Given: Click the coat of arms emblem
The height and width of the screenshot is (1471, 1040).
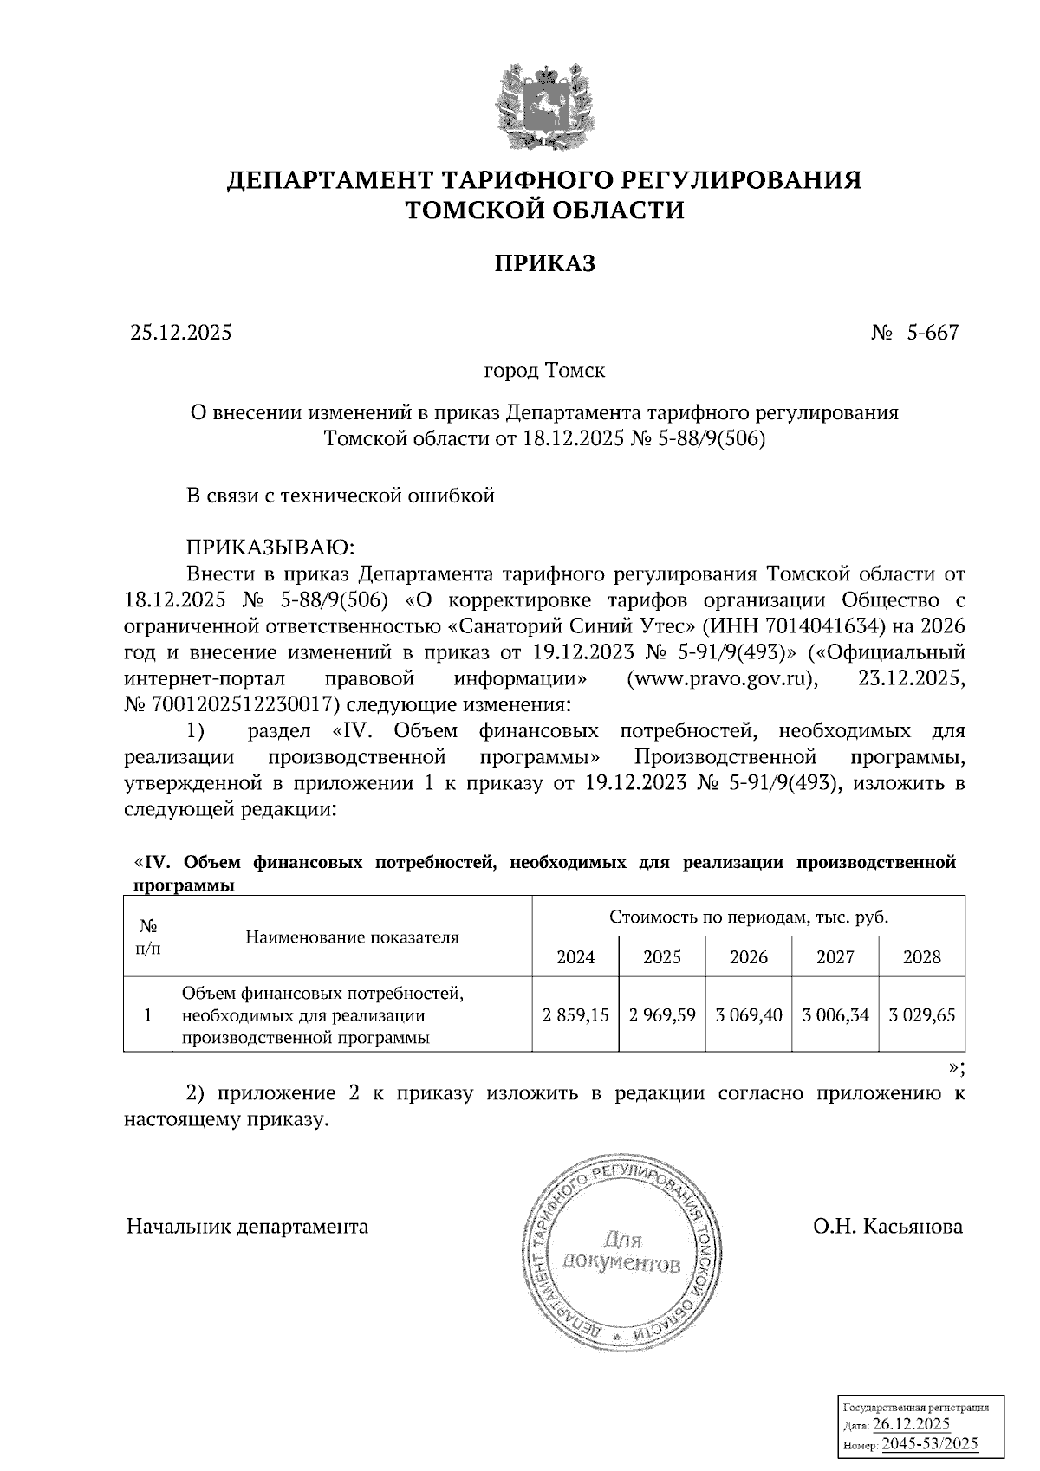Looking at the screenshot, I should coord(544,107).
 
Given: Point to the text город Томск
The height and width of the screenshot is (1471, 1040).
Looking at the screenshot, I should coord(544,371).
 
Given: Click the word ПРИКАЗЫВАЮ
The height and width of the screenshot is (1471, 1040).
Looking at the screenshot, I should coord(271,548).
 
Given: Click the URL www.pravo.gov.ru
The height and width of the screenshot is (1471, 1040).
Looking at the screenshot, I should coord(722,677).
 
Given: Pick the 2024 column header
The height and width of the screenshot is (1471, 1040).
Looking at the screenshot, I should coord(575,957).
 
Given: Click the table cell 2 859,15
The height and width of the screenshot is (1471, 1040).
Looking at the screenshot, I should coord(575,1014).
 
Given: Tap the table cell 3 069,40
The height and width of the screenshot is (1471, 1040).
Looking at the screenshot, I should coord(749,1014).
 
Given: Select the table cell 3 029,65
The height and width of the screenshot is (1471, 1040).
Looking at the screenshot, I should coord(922,1014).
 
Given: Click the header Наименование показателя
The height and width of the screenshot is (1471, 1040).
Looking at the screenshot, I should coord(352,937).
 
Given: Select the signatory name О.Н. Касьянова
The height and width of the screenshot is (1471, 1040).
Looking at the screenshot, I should coord(887,1227).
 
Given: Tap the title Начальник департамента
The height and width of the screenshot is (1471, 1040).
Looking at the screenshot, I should coord(247,1227).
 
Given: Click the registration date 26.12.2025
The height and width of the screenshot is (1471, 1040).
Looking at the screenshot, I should coord(911,1424).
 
